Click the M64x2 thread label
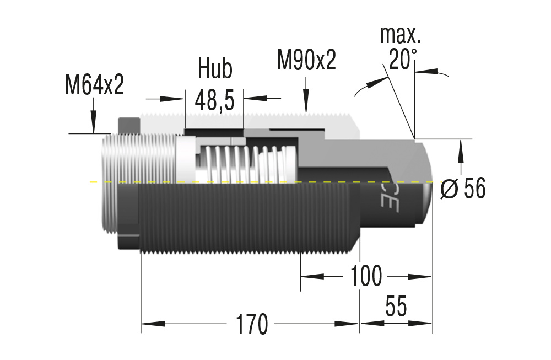coord(94,85)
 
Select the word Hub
coord(215,69)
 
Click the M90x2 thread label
coord(306,60)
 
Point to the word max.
coord(401,35)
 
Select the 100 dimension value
coord(366,276)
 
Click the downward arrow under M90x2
coord(306,102)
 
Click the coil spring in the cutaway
coord(242,164)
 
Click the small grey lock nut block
coord(129,125)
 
